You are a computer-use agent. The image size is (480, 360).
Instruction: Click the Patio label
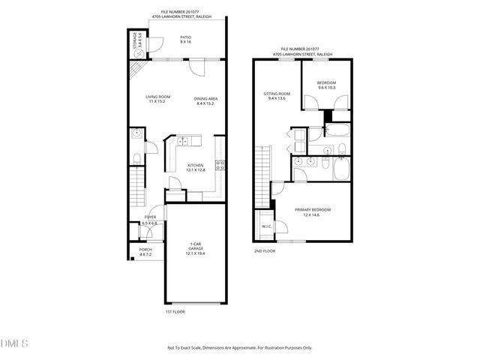coord(185,40)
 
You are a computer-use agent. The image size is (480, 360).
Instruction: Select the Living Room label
coord(158,100)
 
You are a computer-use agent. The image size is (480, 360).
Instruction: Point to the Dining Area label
coord(205,101)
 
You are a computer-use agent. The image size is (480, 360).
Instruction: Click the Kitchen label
coord(196,168)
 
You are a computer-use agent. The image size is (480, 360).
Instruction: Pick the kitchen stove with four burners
coord(220,166)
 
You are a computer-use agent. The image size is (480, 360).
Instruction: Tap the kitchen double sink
coord(185,140)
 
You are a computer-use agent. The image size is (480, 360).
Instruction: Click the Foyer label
coord(150,220)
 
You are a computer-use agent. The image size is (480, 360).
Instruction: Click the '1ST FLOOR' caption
coord(175,311)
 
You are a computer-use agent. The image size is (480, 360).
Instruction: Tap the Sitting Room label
coord(275,97)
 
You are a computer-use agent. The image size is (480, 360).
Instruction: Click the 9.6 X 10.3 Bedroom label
coord(325,85)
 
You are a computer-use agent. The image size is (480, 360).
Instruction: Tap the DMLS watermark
coord(15,343)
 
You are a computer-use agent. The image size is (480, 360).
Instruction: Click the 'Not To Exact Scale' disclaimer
coord(239,348)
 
